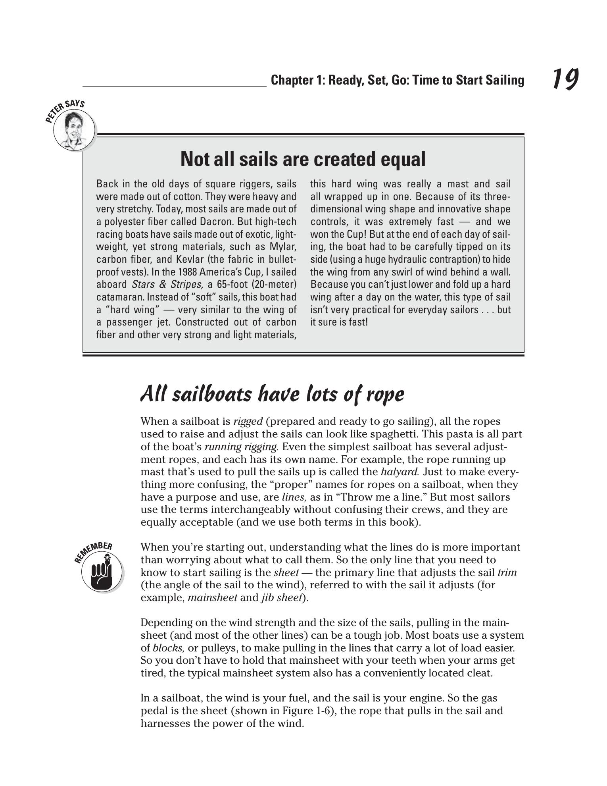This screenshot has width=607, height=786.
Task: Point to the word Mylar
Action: (x=282, y=247)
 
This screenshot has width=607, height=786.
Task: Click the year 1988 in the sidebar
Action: (x=188, y=272)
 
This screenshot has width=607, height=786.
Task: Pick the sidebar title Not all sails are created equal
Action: (x=303, y=159)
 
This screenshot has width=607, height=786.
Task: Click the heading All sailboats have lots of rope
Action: (x=273, y=394)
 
